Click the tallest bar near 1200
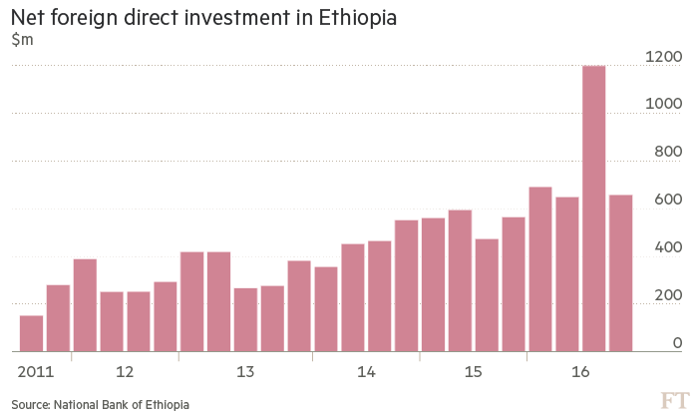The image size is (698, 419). (593, 209)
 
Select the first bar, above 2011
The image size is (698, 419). (32, 333)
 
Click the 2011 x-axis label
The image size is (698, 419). (36, 372)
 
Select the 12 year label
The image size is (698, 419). (125, 372)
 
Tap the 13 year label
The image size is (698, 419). (245, 372)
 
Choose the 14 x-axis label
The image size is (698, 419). (366, 372)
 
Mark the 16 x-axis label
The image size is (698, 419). (580, 372)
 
